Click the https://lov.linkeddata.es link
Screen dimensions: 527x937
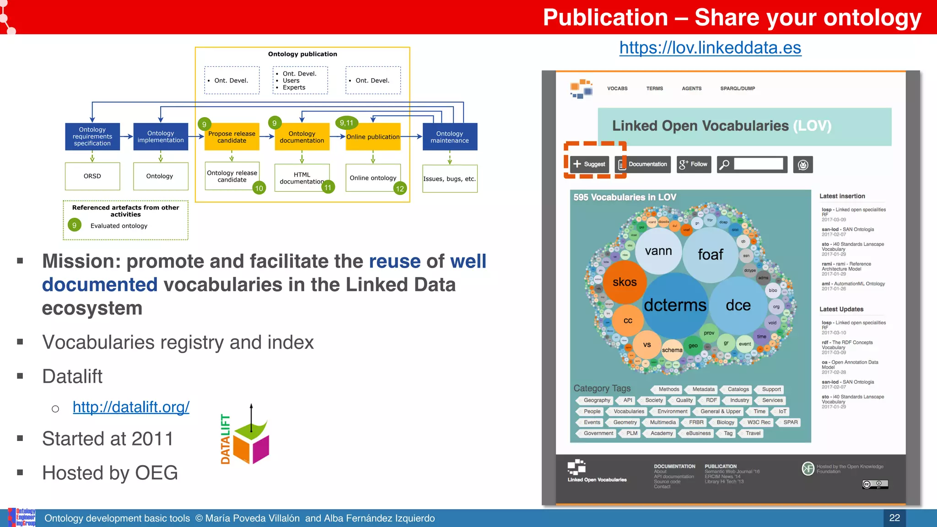pos(710,48)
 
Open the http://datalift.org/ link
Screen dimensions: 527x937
pos(131,407)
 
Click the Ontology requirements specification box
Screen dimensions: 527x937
pos(92,136)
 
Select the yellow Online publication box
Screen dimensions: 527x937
pos(373,137)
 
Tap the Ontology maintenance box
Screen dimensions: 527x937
pos(449,137)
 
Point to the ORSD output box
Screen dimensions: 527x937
pos(92,176)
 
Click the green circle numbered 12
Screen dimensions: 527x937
pos(400,188)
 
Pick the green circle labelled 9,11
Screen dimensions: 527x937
pos(346,123)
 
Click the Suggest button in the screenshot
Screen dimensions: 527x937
pos(589,164)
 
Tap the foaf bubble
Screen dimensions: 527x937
pos(710,254)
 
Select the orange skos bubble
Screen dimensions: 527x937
pos(625,282)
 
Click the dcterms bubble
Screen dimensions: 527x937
pos(675,305)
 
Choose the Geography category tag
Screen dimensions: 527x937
pos(596,400)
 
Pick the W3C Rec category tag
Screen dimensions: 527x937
pos(758,422)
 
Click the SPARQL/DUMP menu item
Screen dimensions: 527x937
pos(738,88)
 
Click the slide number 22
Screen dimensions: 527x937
pos(894,518)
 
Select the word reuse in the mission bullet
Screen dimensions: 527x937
pos(394,261)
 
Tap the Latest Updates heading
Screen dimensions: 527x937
pos(841,309)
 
